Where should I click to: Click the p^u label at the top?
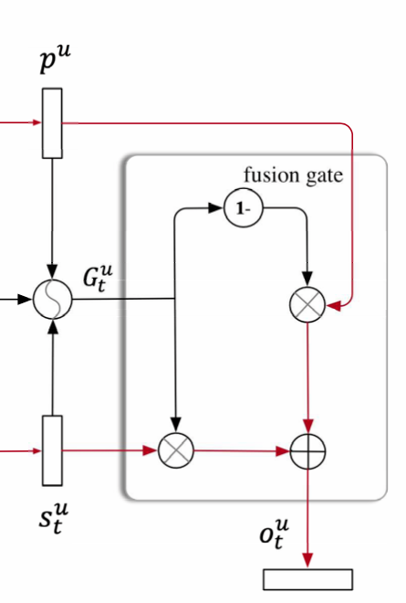56,58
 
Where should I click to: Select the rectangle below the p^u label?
52,123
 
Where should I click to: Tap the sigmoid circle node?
53,299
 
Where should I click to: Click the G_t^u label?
98,278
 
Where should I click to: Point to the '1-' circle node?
244,208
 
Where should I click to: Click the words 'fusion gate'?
294,175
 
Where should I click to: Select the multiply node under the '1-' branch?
307,304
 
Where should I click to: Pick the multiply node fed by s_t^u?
176,450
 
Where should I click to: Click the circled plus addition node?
307,451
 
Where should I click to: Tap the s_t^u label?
54,518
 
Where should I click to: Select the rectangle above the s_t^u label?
52,450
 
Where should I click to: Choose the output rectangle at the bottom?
307,579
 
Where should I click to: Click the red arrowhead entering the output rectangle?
307,560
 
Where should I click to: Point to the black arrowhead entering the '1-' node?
216,208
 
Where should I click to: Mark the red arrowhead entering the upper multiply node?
333,306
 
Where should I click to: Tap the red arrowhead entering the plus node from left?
283,451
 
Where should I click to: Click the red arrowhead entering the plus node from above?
308,426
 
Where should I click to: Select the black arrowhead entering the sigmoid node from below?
53,326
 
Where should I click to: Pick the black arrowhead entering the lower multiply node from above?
175,425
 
